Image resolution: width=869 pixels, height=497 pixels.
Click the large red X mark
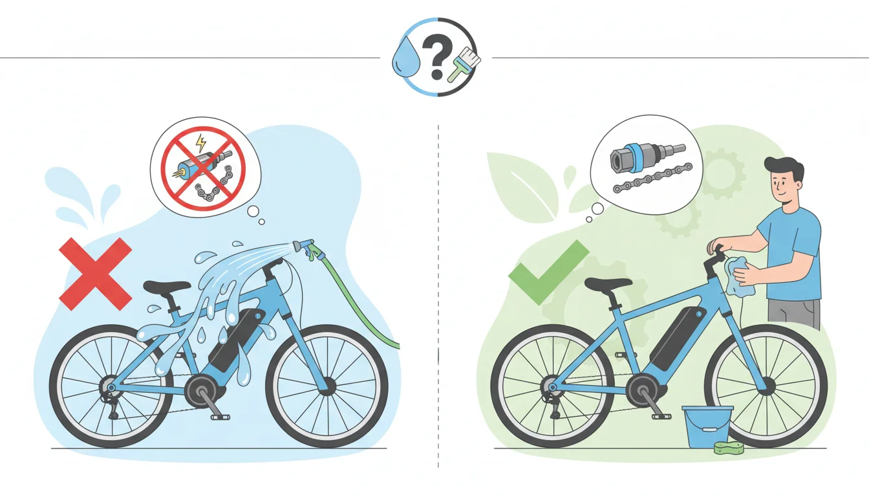tap(95, 273)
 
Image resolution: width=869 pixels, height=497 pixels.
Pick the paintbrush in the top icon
tap(465, 65)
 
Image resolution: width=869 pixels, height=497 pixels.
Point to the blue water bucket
tap(707, 426)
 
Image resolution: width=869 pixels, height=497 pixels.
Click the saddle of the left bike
tap(166, 286)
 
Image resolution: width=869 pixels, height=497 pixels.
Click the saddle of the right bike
tap(608, 283)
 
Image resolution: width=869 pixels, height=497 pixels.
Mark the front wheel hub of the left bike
tap(327, 386)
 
